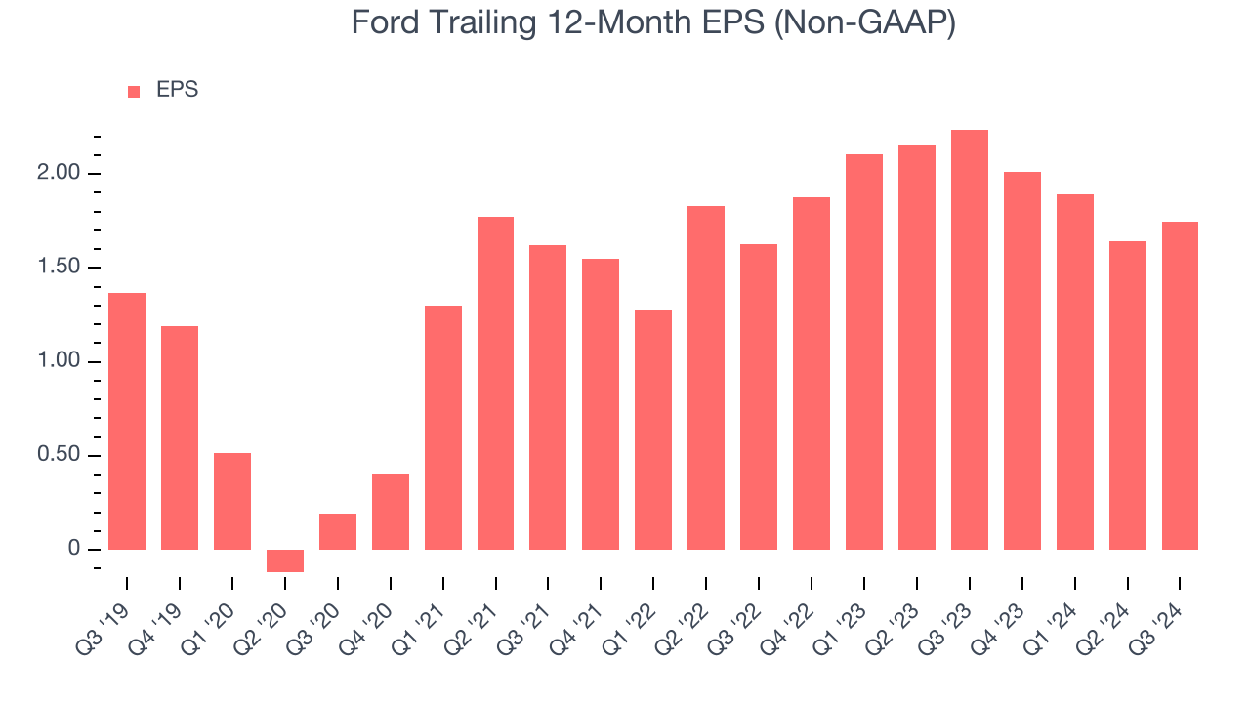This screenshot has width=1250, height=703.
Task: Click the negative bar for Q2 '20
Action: [x=285, y=560]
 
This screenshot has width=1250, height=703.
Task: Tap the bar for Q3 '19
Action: [x=127, y=421]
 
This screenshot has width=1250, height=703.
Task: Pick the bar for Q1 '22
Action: [x=653, y=430]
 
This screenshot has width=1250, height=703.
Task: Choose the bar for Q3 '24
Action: [x=1180, y=386]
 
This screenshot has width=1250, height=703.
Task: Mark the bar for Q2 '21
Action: [x=495, y=383]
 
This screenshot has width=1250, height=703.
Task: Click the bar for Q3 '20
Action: [x=338, y=531]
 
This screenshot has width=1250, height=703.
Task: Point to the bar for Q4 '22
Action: [x=812, y=373]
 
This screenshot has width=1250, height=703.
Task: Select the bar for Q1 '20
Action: [x=232, y=501]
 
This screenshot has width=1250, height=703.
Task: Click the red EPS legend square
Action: [x=134, y=92]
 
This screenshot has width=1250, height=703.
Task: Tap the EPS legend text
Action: [x=177, y=91]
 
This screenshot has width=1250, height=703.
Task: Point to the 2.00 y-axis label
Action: [x=58, y=174]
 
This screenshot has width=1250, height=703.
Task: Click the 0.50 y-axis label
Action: [x=58, y=456]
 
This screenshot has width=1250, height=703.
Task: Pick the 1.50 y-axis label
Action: [x=58, y=268]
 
